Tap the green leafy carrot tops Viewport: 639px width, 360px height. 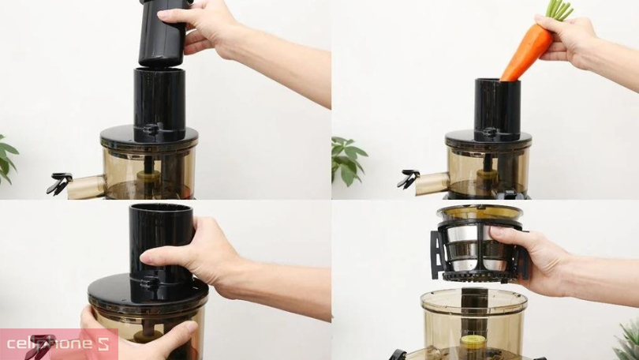(x=559, y=9)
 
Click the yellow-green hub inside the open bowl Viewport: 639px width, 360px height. (x=472, y=342)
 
